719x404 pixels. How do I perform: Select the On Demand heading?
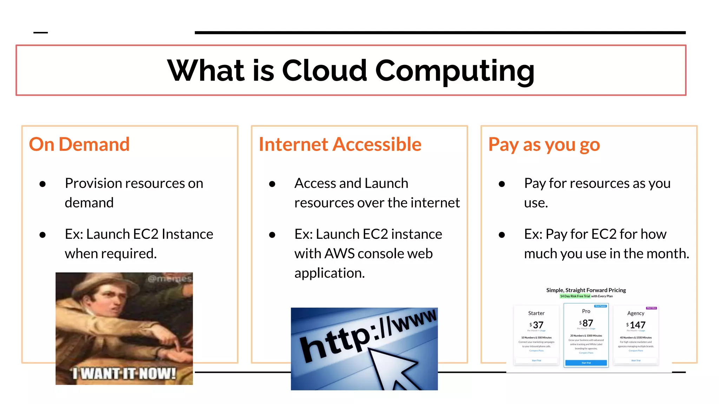79,144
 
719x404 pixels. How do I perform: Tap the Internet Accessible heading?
340,144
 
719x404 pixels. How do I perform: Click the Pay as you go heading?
544,144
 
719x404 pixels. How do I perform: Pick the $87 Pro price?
587,323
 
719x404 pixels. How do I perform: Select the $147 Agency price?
636,325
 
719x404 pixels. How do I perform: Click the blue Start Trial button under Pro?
586,363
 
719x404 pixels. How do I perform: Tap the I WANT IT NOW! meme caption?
124,373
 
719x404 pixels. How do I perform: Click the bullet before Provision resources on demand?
43,184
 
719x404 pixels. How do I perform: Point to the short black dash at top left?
40,33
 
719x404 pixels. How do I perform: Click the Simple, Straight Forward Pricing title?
586,290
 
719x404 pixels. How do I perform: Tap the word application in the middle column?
329,273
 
